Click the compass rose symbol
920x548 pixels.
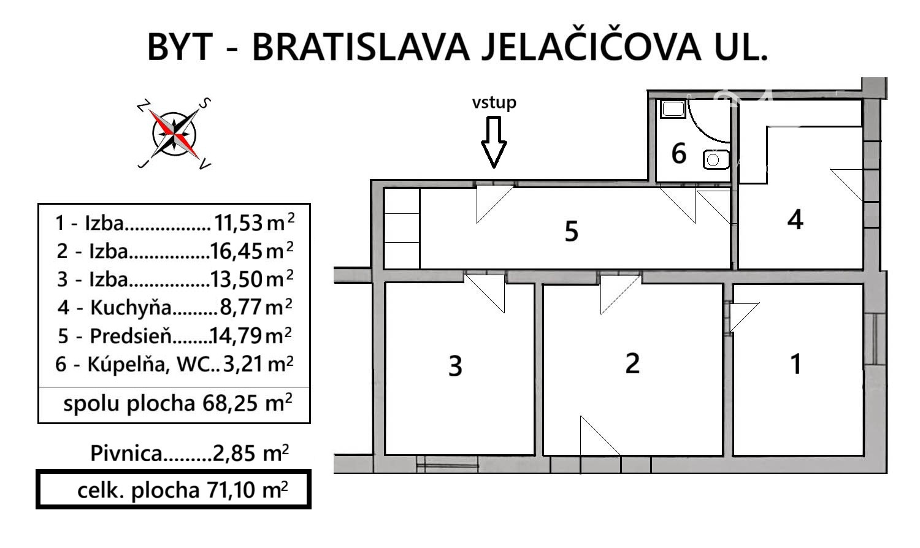[174, 134]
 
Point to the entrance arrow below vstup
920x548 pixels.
[494, 142]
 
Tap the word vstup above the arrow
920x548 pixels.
[494, 102]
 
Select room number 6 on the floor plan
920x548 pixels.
[678, 153]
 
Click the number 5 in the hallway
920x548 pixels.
[571, 231]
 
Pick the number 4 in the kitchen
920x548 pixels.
[795, 219]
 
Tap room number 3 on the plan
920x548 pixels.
[455, 366]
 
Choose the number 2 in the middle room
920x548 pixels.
[632, 363]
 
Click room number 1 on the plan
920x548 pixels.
[796, 363]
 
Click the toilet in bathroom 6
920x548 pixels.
[716, 159]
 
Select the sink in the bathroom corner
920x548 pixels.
[673, 109]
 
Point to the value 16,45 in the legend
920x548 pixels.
[236, 251]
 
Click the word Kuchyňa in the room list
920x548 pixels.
[131, 308]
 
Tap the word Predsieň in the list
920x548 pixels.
[131, 336]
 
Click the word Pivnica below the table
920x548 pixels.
[126, 454]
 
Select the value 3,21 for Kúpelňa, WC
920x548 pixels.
[243, 364]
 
